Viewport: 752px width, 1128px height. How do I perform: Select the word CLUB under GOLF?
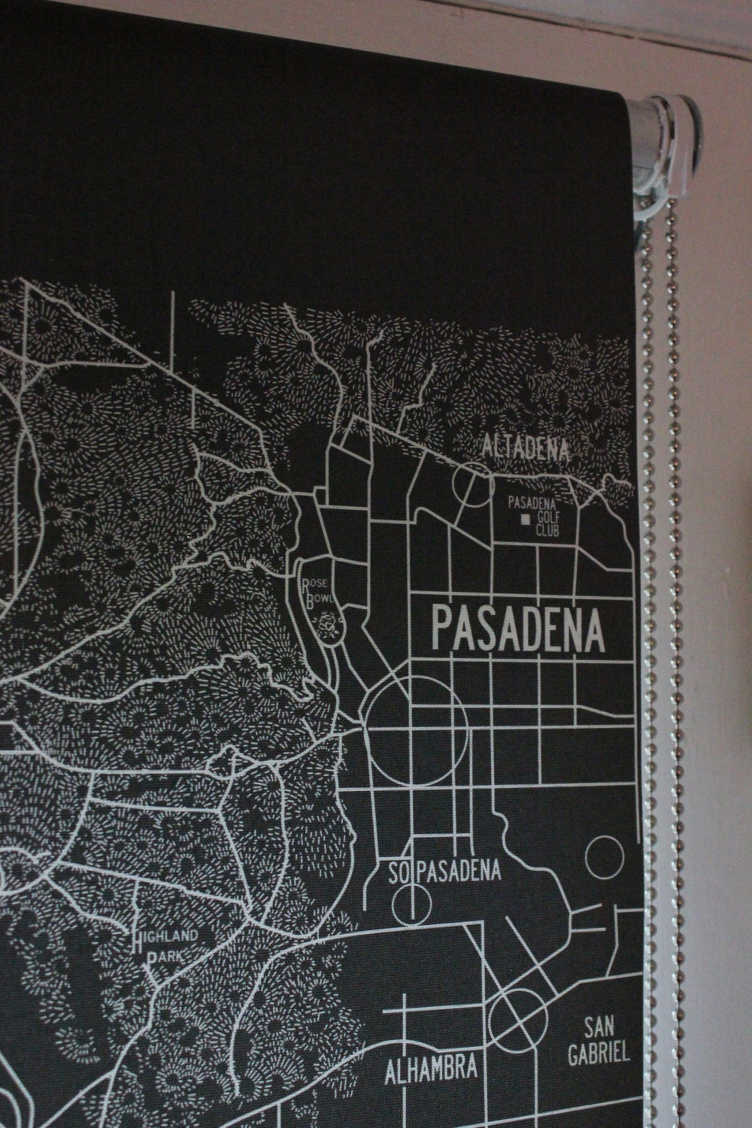[x=547, y=531]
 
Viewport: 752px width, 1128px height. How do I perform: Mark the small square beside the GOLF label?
[x=526, y=519]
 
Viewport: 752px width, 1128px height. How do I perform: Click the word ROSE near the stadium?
[x=314, y=583]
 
